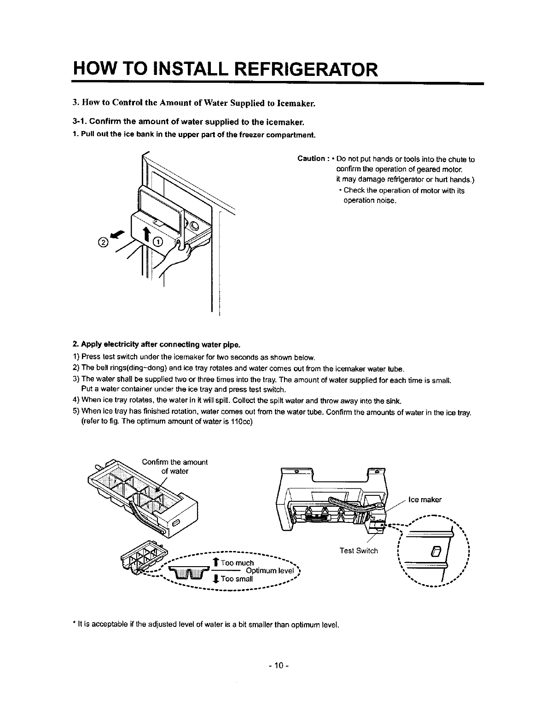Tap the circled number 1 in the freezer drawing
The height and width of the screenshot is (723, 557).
(158, 243)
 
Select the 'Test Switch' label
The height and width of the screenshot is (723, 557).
(359, 551)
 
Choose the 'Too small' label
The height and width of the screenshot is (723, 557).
(237, 579)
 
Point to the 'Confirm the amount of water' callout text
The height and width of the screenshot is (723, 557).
(175, 466)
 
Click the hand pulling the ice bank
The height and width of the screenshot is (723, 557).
(177, 258)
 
